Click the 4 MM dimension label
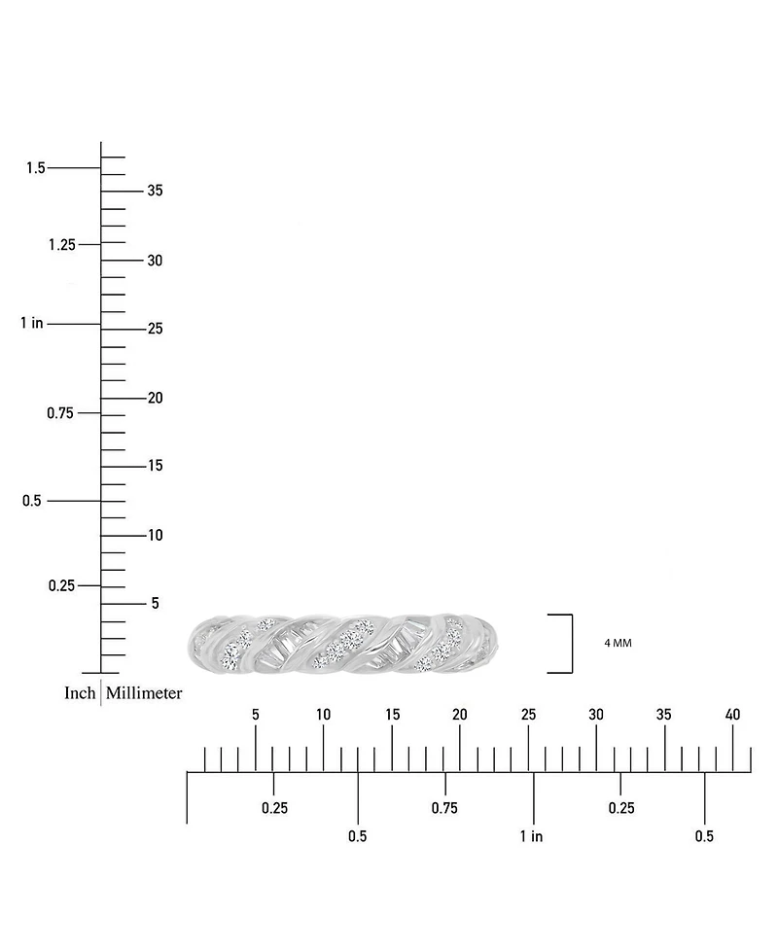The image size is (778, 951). (x=618, y=643)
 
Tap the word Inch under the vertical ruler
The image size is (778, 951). (x=80, y=693)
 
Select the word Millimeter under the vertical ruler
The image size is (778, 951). (x=144, y=693)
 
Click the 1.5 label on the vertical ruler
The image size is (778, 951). (x=36, y=168)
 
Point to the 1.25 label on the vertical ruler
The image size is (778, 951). (x=62, y=245)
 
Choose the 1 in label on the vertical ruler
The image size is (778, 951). (x=32, y=323)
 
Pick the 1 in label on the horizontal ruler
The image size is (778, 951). (x=531, y=836)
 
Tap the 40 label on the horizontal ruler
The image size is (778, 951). (x=732, y=715)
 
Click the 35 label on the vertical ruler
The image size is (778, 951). (x=156, y=191)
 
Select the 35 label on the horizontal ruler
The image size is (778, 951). (x=664, y=715)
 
